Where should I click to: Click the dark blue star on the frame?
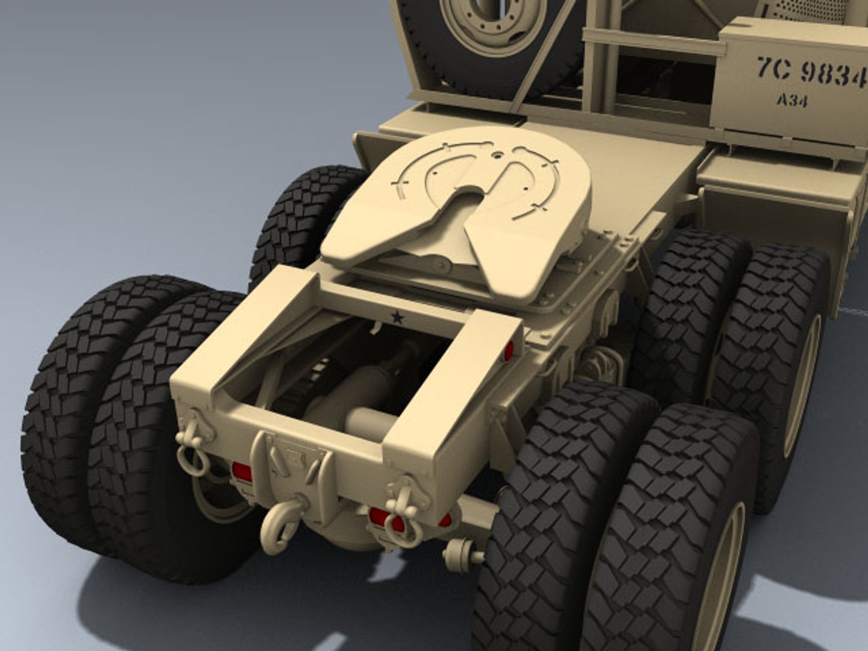397,317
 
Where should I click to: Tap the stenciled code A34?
792,100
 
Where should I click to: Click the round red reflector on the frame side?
509,351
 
